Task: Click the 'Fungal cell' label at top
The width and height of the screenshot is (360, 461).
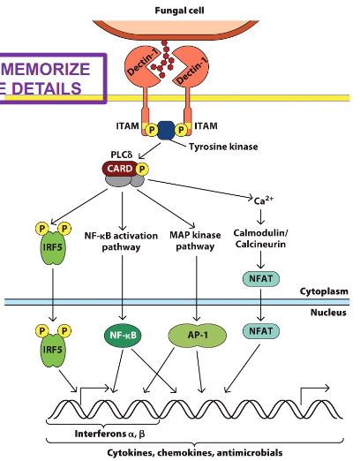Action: click(x=180, y=10)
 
